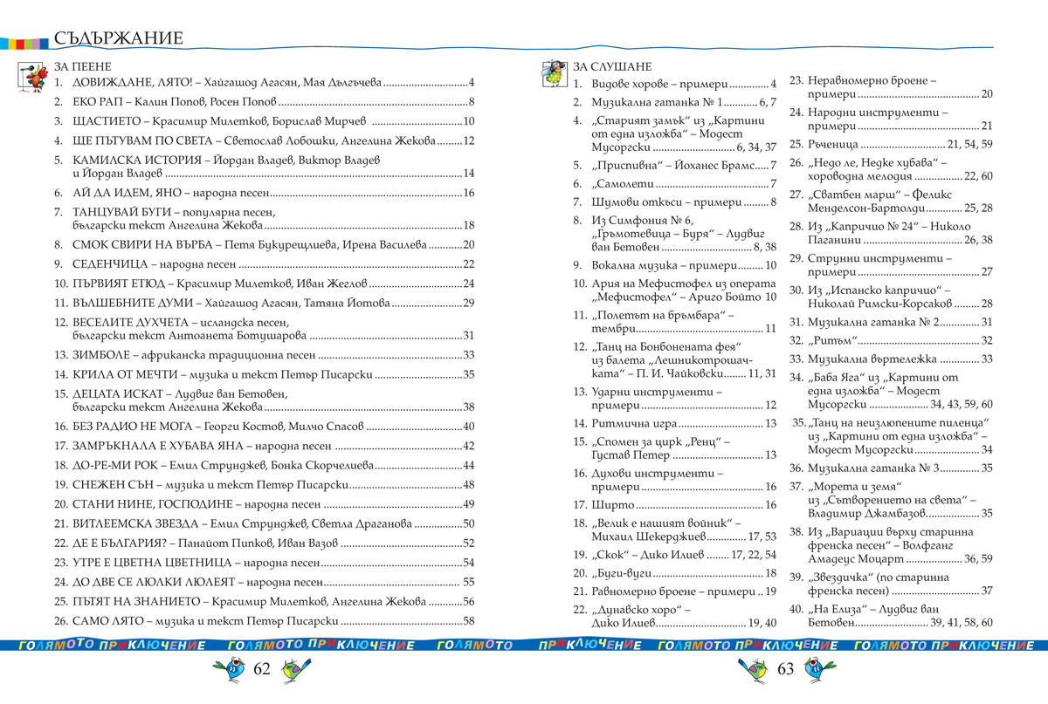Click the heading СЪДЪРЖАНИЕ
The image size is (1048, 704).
[118, 38]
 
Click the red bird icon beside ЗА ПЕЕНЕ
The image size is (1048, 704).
[32, 77]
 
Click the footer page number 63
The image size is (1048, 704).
[785, 669]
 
